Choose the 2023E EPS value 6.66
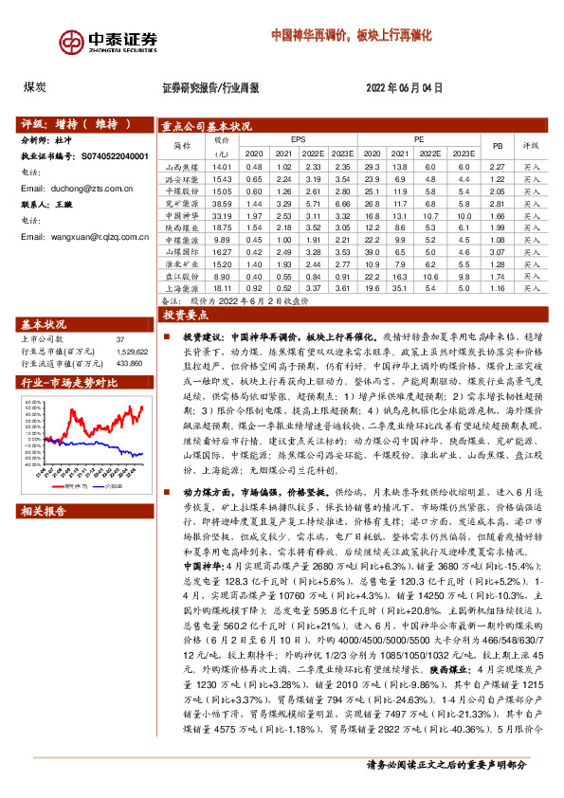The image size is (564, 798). (343, 204)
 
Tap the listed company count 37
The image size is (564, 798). (120, 338)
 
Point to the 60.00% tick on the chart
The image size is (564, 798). (33, 402)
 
